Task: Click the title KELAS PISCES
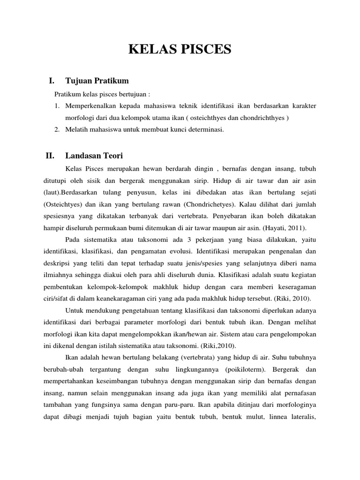pos(180,49)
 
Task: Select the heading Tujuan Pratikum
pos(97,81)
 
